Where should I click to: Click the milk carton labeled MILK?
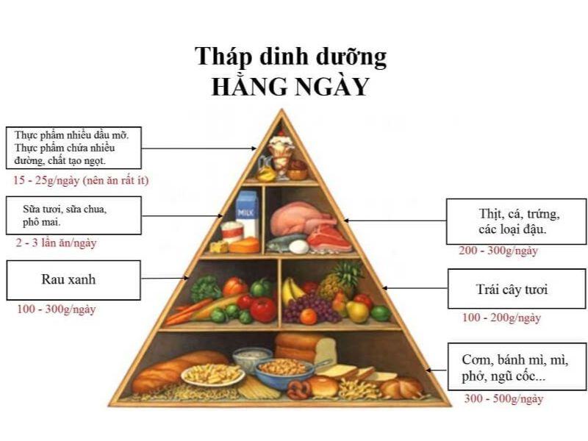click(247, 213)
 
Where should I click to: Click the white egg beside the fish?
click(299, 247)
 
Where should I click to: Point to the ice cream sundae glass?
click(281, 155)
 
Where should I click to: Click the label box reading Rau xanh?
click(73, 280)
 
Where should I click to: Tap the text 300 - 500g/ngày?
click(503, 398)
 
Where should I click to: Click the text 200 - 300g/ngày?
click(498, 251)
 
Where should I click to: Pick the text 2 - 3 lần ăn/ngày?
click(56, 243)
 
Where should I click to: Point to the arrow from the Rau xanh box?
click(165, 279)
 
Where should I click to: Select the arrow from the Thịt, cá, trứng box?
click(395, 221)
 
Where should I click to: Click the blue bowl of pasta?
click(285, 373)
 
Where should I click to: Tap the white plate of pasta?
click(212, 375)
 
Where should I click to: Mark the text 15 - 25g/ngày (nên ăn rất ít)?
click(81, 180)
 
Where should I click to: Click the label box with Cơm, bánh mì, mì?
click(517, 366)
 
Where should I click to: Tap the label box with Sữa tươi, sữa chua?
click(73, 215)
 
